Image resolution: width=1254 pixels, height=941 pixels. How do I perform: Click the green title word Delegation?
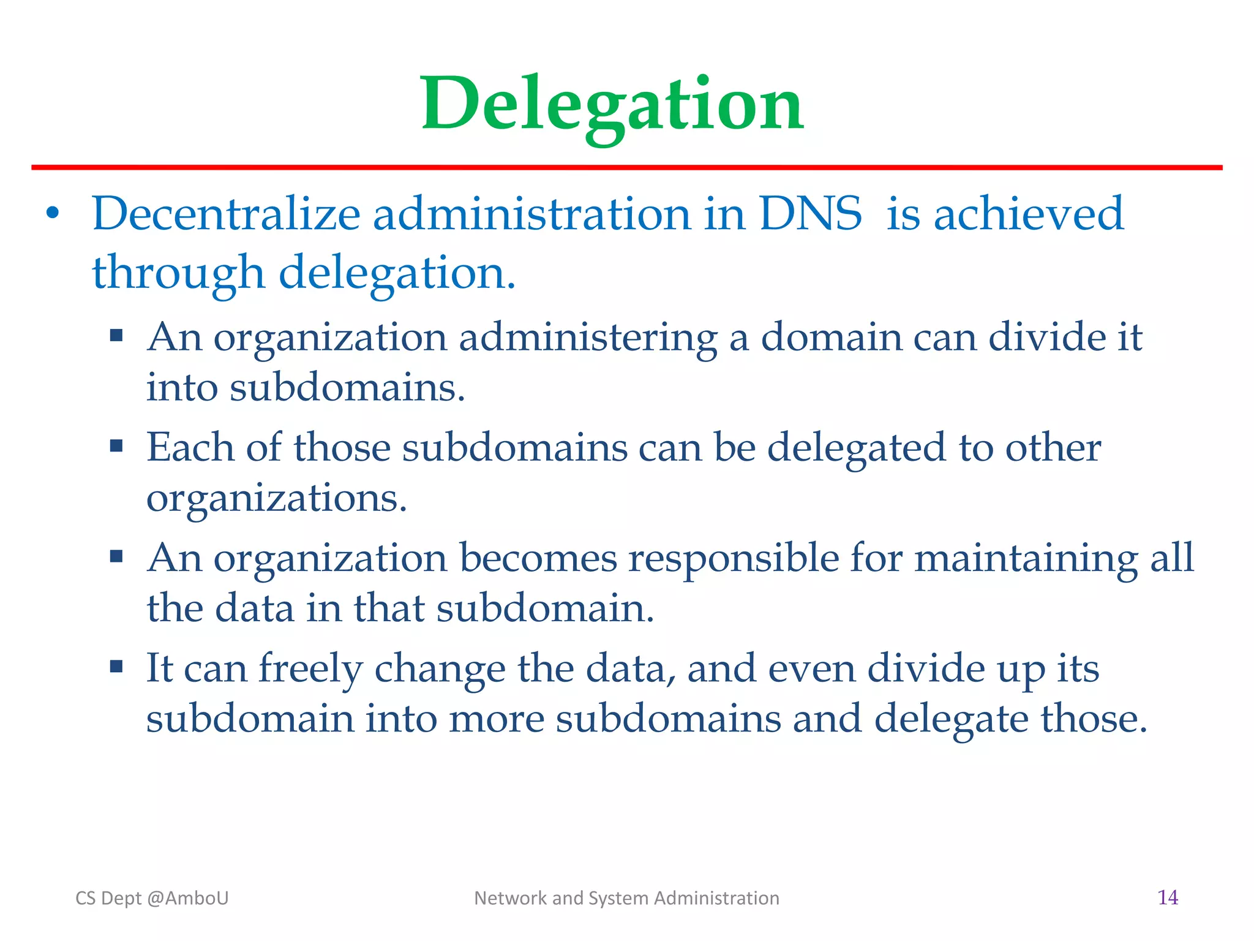[x=612, y=104]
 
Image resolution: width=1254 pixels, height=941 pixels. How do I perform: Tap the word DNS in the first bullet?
[x=810, y=214]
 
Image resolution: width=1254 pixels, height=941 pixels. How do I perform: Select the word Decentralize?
[x=226, y=214]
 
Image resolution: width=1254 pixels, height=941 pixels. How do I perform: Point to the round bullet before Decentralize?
[x=53, y=213]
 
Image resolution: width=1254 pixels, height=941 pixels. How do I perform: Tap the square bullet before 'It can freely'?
[x=116, y=666]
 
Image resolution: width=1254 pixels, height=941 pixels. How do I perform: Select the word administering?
[x=588, y=338]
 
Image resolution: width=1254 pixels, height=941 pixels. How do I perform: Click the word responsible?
[x=734, y=559]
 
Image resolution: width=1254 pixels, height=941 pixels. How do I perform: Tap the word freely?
[x=310, y=669]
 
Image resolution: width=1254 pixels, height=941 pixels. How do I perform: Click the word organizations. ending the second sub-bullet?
[x=277, y=499]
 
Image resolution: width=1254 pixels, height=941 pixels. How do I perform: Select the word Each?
[x=190, y=447]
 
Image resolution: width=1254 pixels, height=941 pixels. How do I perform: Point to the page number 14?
[x=1168, y=898]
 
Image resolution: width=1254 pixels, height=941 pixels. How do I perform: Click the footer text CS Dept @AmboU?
[x=152, y=898]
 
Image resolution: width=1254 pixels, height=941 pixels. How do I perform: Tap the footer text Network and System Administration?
[x=626, y=898]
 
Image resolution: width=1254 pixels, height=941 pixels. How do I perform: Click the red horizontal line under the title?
[x=627, y=167]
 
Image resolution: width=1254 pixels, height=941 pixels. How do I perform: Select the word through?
[x=178, y=273]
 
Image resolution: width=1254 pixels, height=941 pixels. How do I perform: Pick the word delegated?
[x=857, y=448]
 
